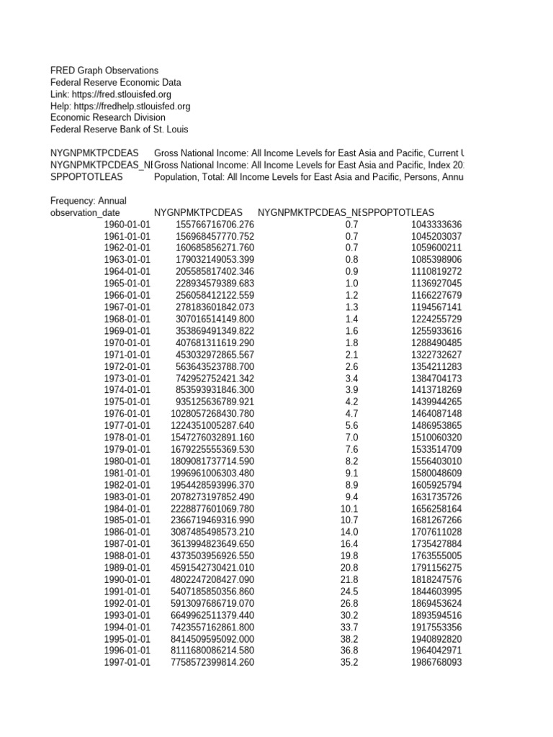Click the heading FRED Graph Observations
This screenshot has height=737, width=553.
(x=104, y=71)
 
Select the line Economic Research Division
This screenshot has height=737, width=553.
(x=107, y=117)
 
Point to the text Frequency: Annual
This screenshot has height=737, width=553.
(x=88, y=201)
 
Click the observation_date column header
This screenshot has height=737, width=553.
(x=85, y=213)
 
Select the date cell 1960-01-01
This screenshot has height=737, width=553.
(x=127, y=225)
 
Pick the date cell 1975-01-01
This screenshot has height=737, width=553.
(x=127, y=402)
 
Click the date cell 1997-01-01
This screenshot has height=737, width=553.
(x=127, y=661)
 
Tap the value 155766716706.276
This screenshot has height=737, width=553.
(x=215, y=225)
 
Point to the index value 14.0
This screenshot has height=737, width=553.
(x=349, y=531)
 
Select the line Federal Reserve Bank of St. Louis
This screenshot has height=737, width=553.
(x=119, y=130)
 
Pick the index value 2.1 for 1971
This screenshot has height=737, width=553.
(x=351, y=354)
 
